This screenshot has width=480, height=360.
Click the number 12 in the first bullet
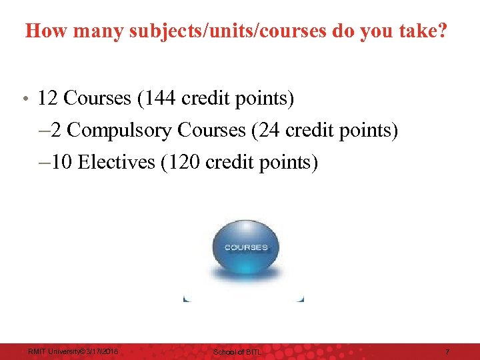click(47, 99)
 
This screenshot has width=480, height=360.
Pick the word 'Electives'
click(117, 162)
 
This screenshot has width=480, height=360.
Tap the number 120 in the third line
click(189, 162)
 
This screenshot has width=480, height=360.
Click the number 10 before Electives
click(62, 162)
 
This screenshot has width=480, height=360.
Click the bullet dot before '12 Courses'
click(23, 100)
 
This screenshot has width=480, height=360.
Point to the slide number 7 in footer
click(447, 351)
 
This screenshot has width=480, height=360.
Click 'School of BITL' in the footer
click(237, 351)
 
